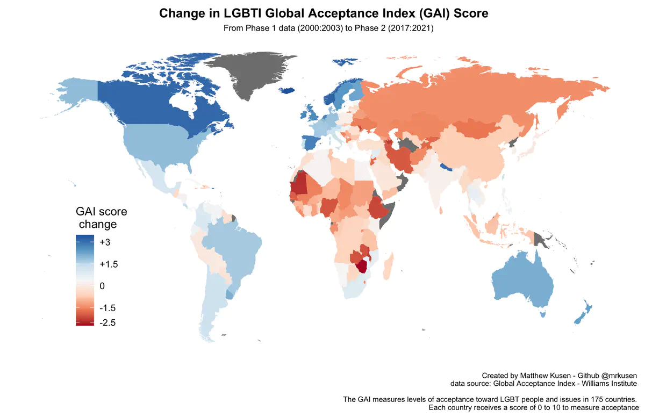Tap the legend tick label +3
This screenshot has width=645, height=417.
click(105, 242)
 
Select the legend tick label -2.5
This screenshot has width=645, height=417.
click(107, 322)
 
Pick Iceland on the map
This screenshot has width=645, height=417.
click(286, 90)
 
